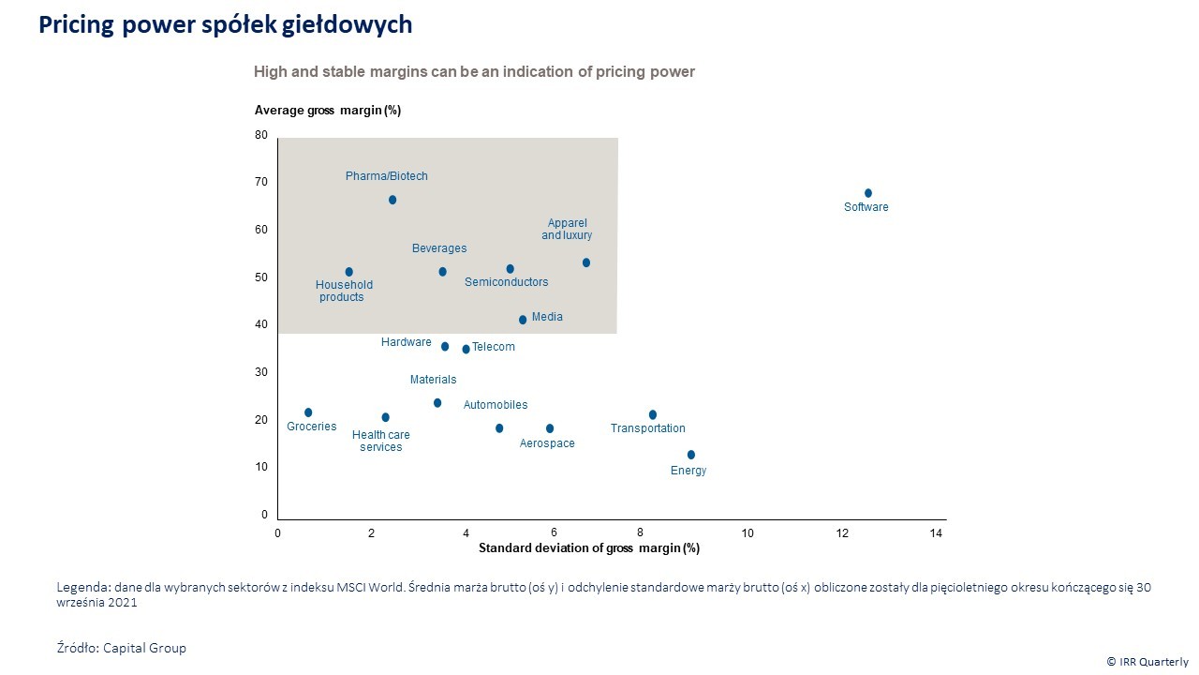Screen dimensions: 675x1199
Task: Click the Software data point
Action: (x=868, y=193)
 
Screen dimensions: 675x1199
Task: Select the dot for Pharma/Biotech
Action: (x=392, y=200)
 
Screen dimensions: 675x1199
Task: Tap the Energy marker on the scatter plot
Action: (x=691, y=455)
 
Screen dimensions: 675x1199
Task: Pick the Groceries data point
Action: (x=308, y=412)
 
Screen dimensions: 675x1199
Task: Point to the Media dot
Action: (x=523, y=320)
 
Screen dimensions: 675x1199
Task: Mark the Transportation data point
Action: (x=653, y=414)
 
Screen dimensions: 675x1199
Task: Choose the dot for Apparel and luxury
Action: (x=586, y=262)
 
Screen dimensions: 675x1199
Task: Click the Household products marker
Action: (x=349, y=272)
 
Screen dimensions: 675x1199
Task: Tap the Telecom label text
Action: (x=494, y=347)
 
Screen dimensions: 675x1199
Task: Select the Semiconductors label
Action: (x=507, y=282)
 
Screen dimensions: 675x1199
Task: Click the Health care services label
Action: (x=381, y=441)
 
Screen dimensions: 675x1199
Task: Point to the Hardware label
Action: (x=407, y=342)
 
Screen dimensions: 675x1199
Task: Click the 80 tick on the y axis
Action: (x=261, y=135)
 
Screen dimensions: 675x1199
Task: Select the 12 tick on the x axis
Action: (x=842, y=533)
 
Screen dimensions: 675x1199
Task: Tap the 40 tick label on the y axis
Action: (x=261, y=324)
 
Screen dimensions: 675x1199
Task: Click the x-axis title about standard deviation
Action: (x=589, y=547)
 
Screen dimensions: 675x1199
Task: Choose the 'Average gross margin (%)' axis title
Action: (x=328, y=111)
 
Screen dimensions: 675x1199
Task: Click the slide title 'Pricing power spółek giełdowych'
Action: (x=226, y=24)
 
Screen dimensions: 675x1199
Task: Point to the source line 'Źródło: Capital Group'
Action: (x=122, y=648)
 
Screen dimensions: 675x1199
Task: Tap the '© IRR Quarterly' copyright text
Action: (x=1147, y=661)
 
